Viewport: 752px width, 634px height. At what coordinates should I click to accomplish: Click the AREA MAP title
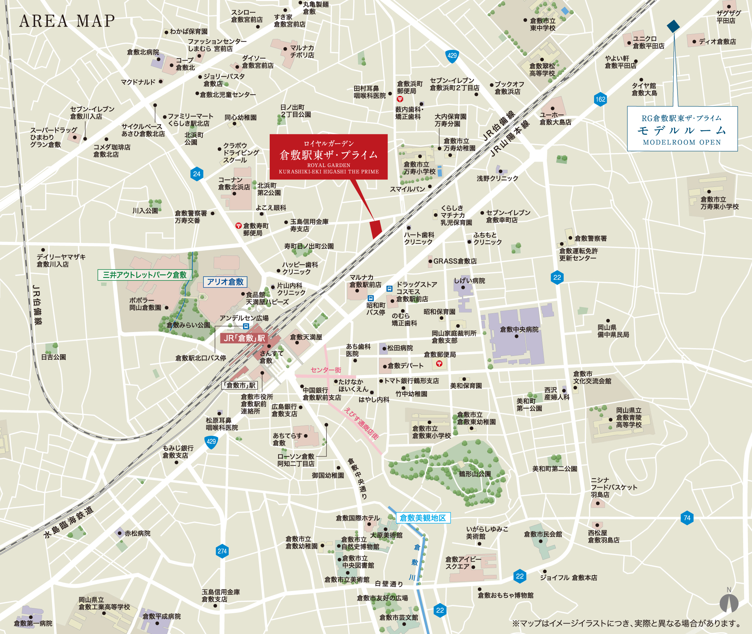(67, 21)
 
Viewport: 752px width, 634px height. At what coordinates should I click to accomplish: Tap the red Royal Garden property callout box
(328, 157)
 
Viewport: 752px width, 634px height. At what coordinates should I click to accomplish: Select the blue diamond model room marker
(673, 26)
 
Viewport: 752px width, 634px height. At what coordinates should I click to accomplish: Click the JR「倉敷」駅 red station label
(244, 338)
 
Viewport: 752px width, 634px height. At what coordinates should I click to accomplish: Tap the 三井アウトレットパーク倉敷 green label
(145, 275)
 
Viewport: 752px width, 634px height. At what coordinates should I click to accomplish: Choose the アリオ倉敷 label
(225, 282)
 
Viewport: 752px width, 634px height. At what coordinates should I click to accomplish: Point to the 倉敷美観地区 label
(422, 518)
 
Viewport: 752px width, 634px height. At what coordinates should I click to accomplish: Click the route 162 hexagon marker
(600, 99)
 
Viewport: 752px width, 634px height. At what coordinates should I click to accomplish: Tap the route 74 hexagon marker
(687, 518)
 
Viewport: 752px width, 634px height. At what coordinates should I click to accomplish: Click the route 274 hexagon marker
(222, 551)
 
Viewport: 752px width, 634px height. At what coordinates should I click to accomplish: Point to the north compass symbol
(729, 603)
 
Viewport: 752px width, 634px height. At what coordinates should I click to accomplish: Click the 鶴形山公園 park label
(475, 474)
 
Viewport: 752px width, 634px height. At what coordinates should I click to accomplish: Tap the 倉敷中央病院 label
(519, 329)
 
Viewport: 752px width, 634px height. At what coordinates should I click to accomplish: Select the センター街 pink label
(325, 370)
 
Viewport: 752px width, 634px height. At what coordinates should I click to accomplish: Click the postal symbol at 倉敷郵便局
(439, 364)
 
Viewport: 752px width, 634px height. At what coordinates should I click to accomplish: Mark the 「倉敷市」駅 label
(240, 385)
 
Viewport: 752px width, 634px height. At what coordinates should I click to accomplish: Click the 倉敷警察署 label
(590, 238)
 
